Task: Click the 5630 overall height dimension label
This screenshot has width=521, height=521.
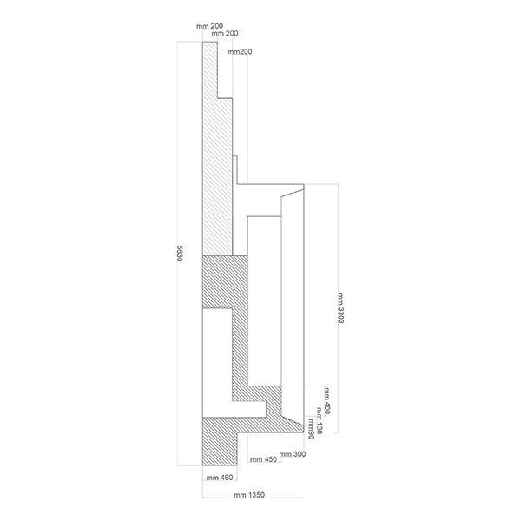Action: coord(179,258)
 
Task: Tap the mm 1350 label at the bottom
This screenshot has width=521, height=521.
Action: coord(248,496)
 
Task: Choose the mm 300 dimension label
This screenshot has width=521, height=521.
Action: coord(293,454)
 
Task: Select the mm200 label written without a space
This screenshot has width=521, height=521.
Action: coord(241,52)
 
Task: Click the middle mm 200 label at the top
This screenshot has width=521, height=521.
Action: coord(225,34)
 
